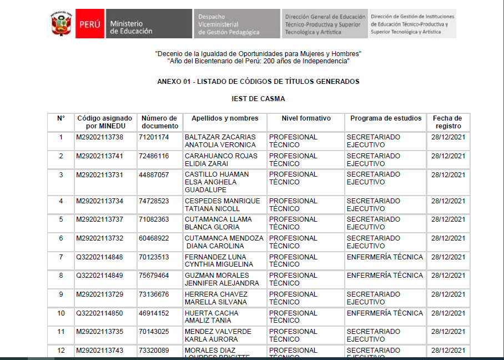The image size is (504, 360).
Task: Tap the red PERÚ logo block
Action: (x=89, y=24)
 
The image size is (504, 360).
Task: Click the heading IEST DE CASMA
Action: (x=258, y=99)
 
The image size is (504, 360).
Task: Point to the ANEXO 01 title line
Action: (x=258, y=82)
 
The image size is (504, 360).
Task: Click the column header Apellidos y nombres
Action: (x=225, y=118)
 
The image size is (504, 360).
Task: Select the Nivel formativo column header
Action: (x=306, y=118)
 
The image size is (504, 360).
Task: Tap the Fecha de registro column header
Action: (x=447, y=122)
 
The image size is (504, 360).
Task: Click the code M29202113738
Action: (x=100, y=137)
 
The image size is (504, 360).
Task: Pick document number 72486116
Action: (x=154, y=156)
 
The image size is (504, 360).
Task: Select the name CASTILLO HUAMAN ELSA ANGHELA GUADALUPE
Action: (x=216, y=182)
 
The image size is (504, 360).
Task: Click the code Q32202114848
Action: (x=100, y=257)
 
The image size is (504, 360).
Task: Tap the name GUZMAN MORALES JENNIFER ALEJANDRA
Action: (x=221, y=279)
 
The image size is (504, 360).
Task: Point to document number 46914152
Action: (x=154, y=313)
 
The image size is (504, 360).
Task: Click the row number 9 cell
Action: (x=61, y=294)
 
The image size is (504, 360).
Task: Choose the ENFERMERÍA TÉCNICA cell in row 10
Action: (x=385, y=313)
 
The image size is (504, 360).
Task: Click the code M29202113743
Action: (x=100, y=351)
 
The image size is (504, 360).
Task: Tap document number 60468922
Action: (x=154, y=238)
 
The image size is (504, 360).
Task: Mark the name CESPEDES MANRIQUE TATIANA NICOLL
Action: (x=222, y=205)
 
